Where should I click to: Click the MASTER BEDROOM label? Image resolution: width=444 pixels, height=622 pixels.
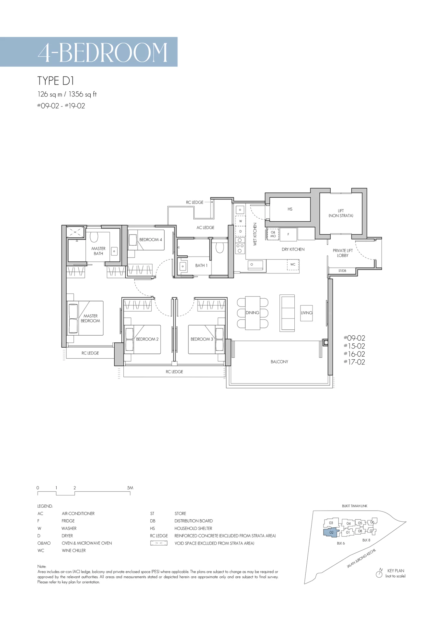pos(90,318)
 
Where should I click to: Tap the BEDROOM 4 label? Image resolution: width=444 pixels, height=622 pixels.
pos(151,240)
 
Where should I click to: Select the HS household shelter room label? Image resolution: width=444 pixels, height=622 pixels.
pos(290,209)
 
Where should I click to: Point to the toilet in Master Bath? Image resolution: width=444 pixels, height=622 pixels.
pos(94,237)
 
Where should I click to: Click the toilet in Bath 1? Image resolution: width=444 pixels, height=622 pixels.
pos(220,247)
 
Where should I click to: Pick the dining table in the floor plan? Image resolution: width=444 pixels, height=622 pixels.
pos(253,313)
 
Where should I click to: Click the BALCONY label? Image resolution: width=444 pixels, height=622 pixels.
pos(279,362)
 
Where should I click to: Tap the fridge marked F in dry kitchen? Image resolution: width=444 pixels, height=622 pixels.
pos(288,235)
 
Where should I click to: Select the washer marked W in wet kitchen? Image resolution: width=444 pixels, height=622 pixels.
pos(240,221)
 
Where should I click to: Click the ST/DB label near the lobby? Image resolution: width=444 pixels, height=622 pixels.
pos(342,271)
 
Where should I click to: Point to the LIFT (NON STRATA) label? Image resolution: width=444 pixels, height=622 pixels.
pos(341,213)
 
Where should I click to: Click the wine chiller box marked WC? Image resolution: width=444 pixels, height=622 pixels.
pos(293,265)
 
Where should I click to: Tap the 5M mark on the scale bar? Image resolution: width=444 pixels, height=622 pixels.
pos(130,488)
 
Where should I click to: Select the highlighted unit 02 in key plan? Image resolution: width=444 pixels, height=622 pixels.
pos(331,533)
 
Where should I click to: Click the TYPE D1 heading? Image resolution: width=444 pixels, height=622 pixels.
pos(56,81)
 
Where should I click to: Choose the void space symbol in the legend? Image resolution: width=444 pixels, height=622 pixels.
pos(159,543)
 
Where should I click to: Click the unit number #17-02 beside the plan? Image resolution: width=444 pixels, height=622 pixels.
pos(354,362)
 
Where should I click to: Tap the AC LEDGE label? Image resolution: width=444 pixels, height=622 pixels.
pos(205,228)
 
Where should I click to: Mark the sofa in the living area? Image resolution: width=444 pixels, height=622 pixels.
pos(287,313)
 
